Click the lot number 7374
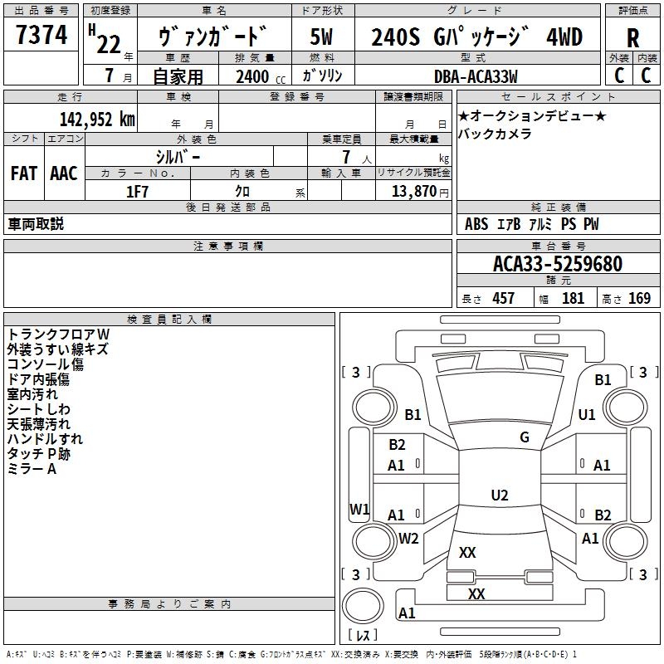[x=41, y=34]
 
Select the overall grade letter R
[x=632, y=38]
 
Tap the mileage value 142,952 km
[x=97, y=120]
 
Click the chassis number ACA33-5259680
[x=558, y=264]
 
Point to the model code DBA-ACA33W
[x=476, y=76]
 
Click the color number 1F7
[x=137, y=192]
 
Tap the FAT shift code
[x=24, y=173]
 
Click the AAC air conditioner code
[x=64, y=173]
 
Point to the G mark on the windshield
[x=525, y=437]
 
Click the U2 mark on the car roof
[x=500, y=495]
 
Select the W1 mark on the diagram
[x=359, y=509]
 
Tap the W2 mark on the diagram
[x=408, y=539]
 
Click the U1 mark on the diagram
[x=587, y=414]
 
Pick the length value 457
[x=504, y=298]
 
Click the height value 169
[x=639, y=298]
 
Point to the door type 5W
[x=321, y=37]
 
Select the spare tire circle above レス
[x=363, y=606]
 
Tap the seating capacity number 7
[x=346, y=157]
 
